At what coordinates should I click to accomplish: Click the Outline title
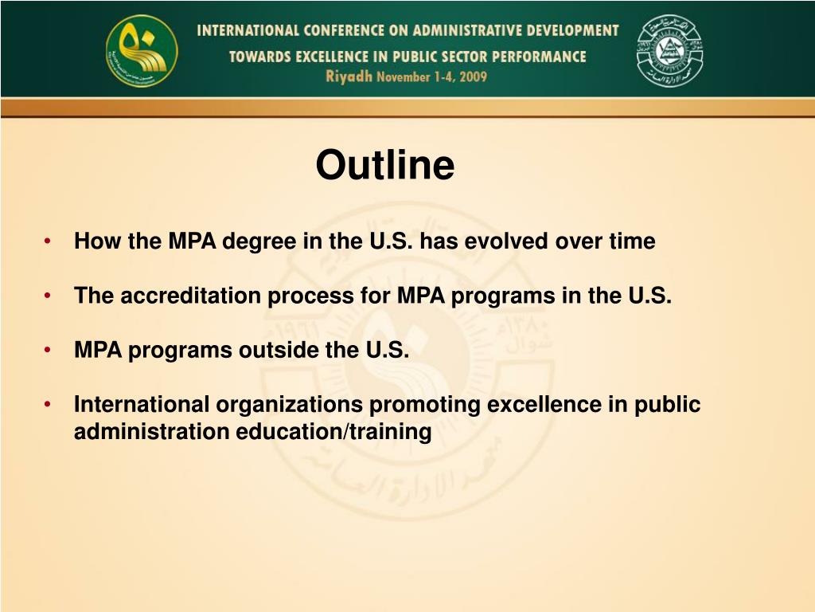coord(384,166)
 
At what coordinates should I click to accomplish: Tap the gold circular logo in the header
coord(142,52)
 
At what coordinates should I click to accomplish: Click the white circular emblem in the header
coord(669,51)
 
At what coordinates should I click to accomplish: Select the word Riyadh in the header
coord(349,77)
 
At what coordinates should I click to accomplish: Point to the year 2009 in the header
coord(470,77)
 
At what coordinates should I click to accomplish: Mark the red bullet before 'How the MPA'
coord(49,241)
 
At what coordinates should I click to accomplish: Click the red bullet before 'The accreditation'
coord(49,296)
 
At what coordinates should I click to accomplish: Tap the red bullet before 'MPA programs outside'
coord(49,351)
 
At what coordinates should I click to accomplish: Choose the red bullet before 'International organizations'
coord(49,405)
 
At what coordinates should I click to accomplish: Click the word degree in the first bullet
coord(257,241)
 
